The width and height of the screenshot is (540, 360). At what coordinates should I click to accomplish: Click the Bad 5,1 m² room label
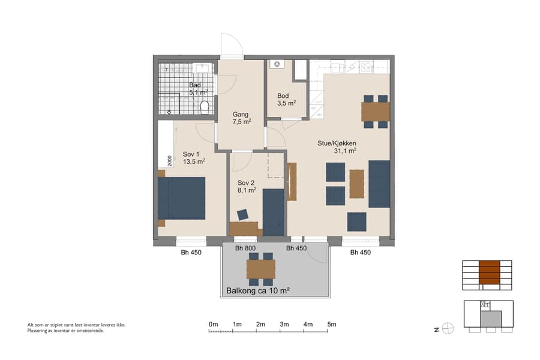pos(198,89)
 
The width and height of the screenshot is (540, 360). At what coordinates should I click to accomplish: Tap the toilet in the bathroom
pos(205,107)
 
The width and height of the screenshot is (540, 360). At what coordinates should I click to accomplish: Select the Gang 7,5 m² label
pos(241,118)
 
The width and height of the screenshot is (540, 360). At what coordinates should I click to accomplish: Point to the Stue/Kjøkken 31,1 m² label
pos(337,147)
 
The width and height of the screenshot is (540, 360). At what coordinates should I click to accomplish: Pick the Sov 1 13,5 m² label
pos(194,157)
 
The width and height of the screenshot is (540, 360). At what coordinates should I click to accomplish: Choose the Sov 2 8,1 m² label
pos(247,186)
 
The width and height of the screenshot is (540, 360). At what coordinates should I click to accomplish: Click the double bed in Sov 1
pos(182,198)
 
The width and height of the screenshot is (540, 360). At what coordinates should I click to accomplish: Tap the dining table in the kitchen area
pos(376,112)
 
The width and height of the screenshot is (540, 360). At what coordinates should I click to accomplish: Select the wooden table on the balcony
pos(260,269)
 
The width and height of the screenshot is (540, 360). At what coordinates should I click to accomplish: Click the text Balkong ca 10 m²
pos(258,291)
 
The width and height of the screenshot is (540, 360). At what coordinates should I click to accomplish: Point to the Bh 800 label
pos(245,248)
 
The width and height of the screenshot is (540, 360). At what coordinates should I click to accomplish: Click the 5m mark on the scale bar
pos(332,324)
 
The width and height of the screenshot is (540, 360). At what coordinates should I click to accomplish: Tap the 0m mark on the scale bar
pos(213,324)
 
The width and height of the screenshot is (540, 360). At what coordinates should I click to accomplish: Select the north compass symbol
pos(447,328)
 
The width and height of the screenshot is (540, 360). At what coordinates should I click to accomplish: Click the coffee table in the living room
pos(356,184)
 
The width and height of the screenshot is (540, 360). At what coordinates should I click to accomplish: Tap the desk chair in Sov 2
pos(244,214)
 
